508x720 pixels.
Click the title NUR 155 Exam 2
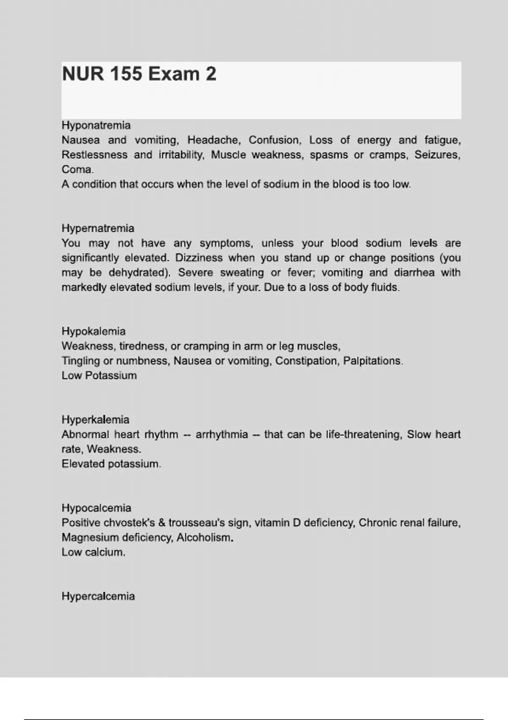[139, 74]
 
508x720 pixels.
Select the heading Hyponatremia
[96, 125]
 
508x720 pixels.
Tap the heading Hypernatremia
[98, 228]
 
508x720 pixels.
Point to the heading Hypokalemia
[94, 331]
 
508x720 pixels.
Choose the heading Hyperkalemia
[95, 420]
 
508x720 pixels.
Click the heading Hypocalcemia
[96, 508]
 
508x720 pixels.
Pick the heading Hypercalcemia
[98, 596]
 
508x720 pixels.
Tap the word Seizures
[437, 155]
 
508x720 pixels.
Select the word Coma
[77, 169]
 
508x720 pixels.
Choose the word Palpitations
[373, 361]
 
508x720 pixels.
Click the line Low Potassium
[99, 376]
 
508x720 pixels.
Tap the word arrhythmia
[221, 435]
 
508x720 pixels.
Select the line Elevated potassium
[111, 464]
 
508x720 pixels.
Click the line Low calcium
[93, 552]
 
